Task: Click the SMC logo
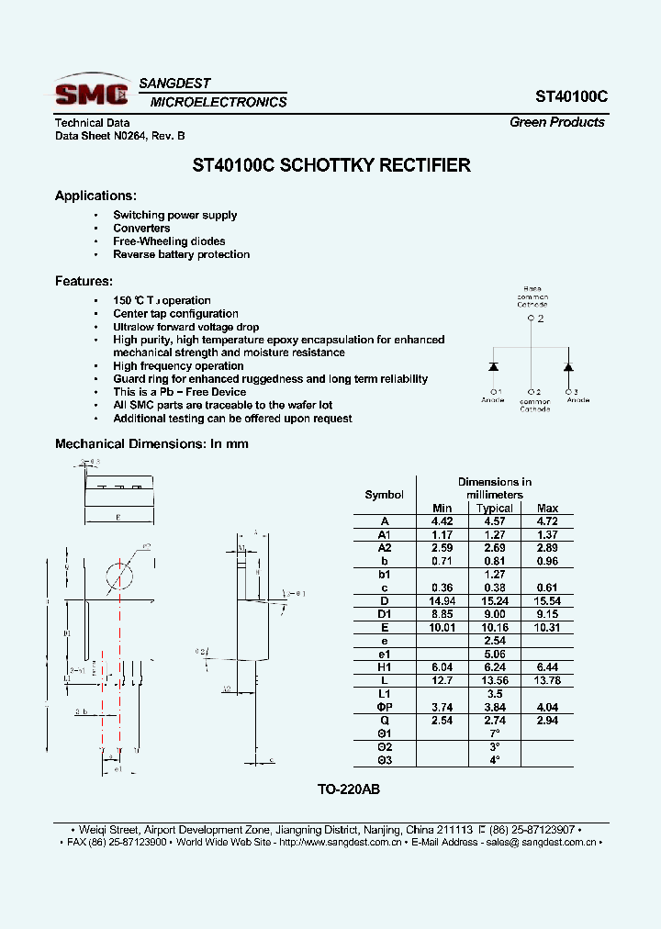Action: point(90,91)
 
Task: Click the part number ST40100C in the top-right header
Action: point(571,96)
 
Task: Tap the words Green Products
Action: point(556,122)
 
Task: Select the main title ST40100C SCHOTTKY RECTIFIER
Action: point(330,166)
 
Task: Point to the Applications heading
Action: point(95,196)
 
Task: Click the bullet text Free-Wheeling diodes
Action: point(169,241)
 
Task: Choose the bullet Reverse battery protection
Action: point(181,254)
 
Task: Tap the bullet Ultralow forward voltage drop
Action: point(185,327)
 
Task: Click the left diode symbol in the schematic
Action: point(493,367)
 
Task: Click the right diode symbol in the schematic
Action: point(568,367)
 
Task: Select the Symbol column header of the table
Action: point(384,495)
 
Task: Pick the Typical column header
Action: point(495,509)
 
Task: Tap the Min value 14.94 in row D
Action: point(442,600)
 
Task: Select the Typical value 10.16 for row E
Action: point(495,627)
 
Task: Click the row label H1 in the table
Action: point(384,666)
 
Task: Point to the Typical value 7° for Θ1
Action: point(495,733)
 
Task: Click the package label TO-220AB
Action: point(348,789)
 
